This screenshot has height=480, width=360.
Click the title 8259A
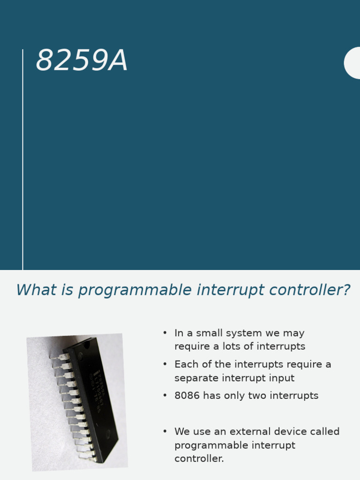pyautogui.click(x=82, y=61)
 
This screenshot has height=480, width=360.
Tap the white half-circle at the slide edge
pyautogui.click(x=353, y=63)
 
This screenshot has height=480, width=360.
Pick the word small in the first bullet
pyautogui.click(x=210, y=333)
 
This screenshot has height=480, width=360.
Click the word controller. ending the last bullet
pyautogui.click(x=199, y=458)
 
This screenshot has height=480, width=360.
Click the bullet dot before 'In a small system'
pyautogui.click(x=165, y=333)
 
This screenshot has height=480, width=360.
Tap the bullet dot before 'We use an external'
pyautogui.click(x=165, y=431)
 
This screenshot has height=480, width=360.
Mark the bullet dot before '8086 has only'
pyautogui.click(x=165, y=395)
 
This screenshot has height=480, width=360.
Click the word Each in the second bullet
pyautogui.click(x=184, y=364)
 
